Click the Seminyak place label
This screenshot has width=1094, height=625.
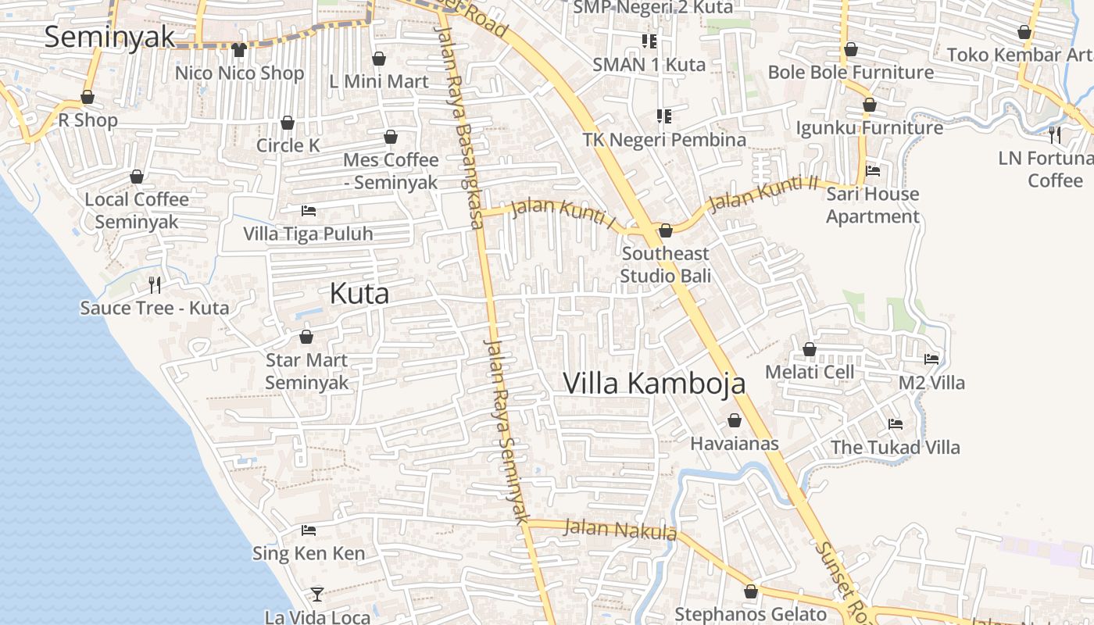pyautogui.click(x=109, y=37)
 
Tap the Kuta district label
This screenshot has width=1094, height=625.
pyautogui.click(x=359, y=294)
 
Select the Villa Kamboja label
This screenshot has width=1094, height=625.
pyautogui.click(x=653, y=384)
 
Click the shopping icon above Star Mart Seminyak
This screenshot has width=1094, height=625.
pyautogui.click(x=306, y=337)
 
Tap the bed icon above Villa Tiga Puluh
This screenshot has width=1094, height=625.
pyautogui.click(x=308, y=211)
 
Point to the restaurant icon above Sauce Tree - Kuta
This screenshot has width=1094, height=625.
pyautogui.click(x=155, y=284)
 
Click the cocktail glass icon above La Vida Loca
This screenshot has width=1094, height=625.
pyautogui.click(x=316, y=594)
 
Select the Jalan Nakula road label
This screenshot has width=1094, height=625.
pyautogui.click(x=620, y=530)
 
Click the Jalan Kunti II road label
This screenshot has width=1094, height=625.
pyautogui.click(x=762, y=195)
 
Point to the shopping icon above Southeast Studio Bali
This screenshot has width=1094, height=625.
pyautogui.click(x=666, y=230)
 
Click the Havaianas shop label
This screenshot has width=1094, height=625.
pyautogui.click(x=734, y=444)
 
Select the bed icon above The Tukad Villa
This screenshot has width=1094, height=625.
pyautogui.click(x=895, y=424)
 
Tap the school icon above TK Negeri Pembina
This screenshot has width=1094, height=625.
pyautogui.click(x=664, y=116)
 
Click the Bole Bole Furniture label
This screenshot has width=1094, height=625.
pyautogui.click(x=850, y=72)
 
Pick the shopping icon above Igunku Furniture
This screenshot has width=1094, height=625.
pyautogui.click(x=869, y=105)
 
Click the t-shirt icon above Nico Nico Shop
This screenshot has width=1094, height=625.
pyautogui.click(x=239, y=50)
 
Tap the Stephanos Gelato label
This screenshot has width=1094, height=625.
pyautogui.click(x=750, y=614)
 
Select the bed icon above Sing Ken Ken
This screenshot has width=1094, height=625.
pyautogui.click(x=308, y=530)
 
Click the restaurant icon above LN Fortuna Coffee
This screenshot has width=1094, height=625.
pyautogui.click(x=1055, y=134)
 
